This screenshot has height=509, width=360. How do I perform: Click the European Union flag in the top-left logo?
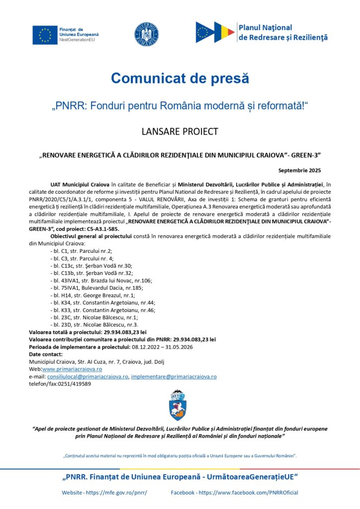(45, 35)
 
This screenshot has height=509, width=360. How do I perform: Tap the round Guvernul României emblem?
(146, 33)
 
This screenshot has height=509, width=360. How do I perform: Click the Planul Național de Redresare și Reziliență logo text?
(283, 32)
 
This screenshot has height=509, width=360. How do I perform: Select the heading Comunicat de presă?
(180, 78)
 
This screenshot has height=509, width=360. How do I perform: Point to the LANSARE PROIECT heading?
(180, 132)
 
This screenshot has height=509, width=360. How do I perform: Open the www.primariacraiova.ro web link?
(72, 369)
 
